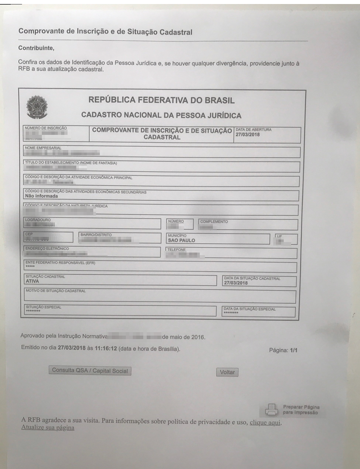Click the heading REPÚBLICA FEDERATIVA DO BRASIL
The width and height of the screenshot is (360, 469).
(162, 100)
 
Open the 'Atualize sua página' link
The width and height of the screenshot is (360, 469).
(47, 428)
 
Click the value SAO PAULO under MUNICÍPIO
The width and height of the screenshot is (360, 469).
(181, 240)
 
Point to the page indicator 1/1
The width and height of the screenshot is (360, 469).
(293, 350)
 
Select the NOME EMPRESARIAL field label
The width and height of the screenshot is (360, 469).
(44, 147)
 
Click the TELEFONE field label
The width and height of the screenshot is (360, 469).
(176, 249)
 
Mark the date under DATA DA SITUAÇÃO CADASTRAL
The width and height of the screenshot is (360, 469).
(235, 283)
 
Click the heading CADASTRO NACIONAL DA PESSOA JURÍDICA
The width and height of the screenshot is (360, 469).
(161, 116)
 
